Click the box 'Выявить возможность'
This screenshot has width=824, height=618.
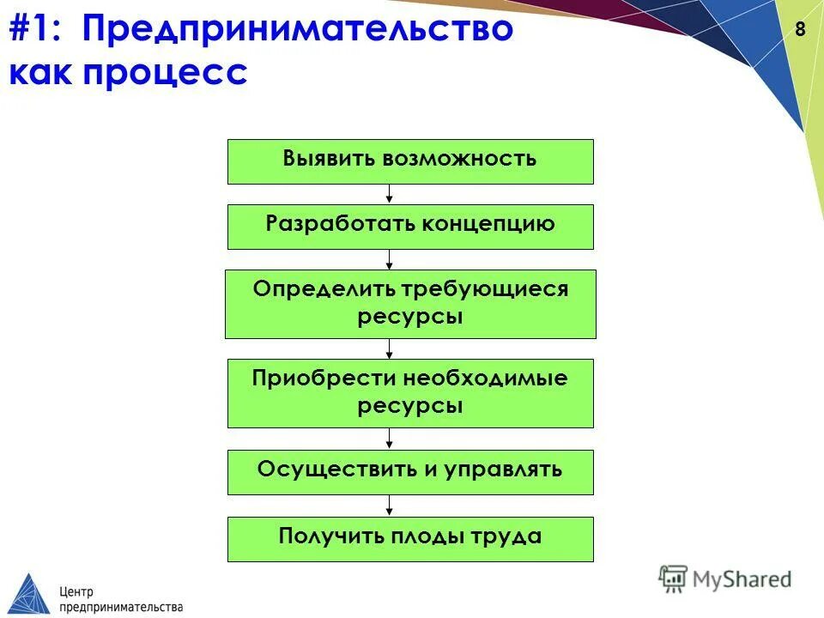(x=410, y=161)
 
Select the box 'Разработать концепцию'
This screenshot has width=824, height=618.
(x=410, y=227)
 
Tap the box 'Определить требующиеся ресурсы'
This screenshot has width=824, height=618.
(x=410, y=304)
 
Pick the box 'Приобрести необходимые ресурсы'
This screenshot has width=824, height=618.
(x=410, y=393)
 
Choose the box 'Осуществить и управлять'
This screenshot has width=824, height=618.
(x=410, y=472)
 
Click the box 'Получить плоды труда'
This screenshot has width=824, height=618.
(x=410, y=539)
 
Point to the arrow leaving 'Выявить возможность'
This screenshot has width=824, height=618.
(x=390, y=194)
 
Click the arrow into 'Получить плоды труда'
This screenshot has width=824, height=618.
(x=390, y=506)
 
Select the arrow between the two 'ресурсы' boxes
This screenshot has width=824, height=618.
(x=390, y=348)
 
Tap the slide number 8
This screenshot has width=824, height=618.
(x=800, y=29)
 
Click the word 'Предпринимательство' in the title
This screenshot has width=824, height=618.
(x=298, y=31)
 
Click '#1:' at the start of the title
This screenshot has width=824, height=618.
(x=39, y=31)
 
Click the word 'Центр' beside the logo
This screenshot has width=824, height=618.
(x=77, y=591)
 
